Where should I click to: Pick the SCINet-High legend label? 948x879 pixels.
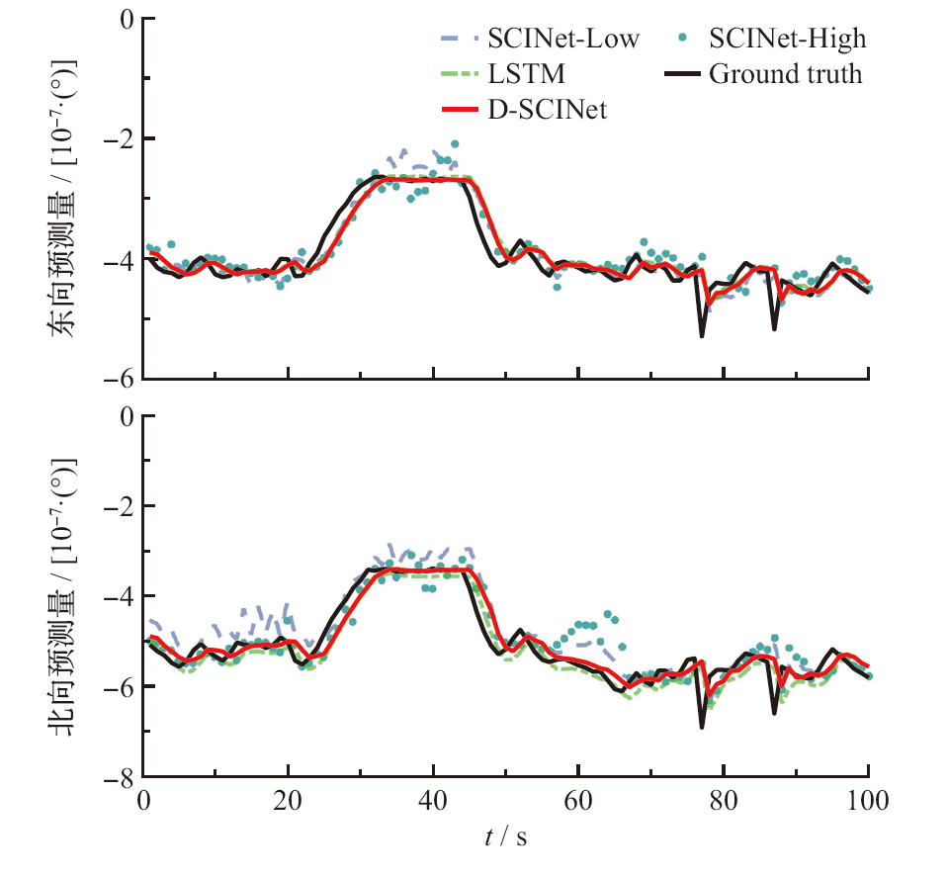tap(787, 40)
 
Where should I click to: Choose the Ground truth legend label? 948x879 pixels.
tap(785, 74)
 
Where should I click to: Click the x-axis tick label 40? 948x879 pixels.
tap(433, 801)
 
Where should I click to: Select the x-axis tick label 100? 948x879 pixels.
tap(868, 801)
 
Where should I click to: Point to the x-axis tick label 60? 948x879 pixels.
tap(578, 801)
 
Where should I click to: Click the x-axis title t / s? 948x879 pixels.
tap(505, 837)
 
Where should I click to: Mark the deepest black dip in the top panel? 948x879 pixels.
tap(702, 336)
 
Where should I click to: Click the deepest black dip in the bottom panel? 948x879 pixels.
tap(702, 727)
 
